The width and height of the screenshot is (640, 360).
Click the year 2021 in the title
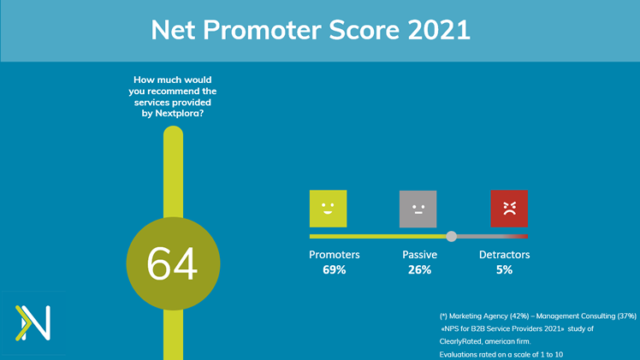tap(439, 30)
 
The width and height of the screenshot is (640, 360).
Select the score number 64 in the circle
tap(172, 263)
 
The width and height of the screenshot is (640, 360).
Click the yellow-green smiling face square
tap(329, 209)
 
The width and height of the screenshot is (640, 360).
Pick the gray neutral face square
tap(418, 209)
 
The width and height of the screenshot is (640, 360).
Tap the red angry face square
tap(509, 209)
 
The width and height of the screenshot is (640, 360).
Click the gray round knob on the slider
tap(451, 236)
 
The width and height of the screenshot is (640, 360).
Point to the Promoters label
tap(335, 255)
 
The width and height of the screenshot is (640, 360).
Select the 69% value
tap(335, 270)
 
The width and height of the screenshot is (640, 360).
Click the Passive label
tap(419, 255)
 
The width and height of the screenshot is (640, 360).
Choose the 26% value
tap(419, 270)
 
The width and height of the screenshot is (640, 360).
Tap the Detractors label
tap(505, 255)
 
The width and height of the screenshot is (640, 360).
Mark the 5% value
tap(505, 270)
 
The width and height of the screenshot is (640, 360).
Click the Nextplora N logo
tap(33, 322)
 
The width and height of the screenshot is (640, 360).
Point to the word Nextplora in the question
tap(179, 114)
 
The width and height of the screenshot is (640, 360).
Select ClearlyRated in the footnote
tap(460, 342)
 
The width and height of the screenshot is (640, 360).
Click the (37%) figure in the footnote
tap(627, 316)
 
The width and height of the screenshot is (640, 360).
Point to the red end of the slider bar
tap(525, 237)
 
